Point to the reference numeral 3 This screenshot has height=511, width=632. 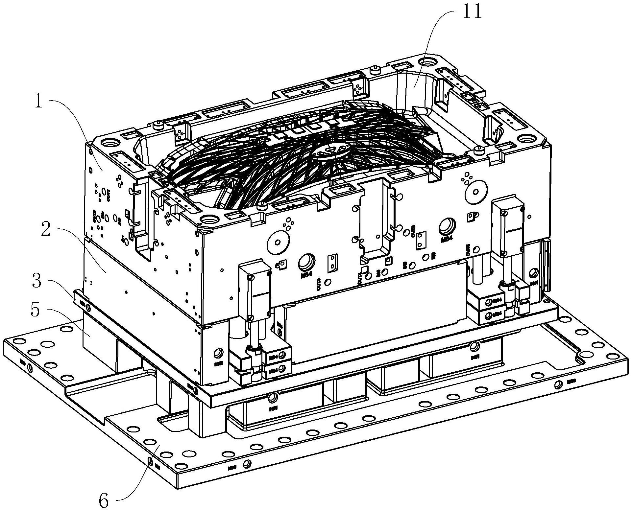(x=37, y=281)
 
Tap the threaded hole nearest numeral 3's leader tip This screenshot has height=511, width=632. (x=88, y=306)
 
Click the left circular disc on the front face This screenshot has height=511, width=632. (x=278, y=243)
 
